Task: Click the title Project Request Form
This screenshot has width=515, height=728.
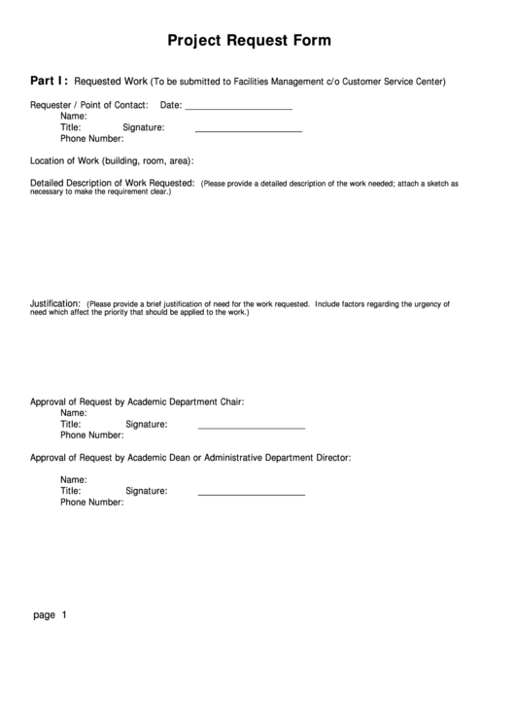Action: tap(249, 41)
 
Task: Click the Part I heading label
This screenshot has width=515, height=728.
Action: tap(49, 81)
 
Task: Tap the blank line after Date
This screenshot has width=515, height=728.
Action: tap(238, 107)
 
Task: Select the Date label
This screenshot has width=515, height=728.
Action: tap(170, 105)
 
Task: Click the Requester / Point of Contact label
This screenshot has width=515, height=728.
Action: tap(89, 105)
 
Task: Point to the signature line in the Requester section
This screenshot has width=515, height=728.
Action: tap(249, 129)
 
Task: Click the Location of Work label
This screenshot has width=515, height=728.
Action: tap(112, 160)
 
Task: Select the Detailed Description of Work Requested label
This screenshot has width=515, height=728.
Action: tap(113, 183)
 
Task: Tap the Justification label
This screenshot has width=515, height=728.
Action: tap(54, 303)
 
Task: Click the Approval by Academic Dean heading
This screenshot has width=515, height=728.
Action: tap(190, 457)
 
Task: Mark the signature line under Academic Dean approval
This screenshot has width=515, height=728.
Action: tap(252, 494)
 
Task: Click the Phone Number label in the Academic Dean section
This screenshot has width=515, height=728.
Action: tap(92, 503)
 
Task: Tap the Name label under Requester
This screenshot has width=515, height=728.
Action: tap(74, 116)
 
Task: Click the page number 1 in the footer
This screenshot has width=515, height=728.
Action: tap(63, 615)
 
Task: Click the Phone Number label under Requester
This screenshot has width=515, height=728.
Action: tap(92, 138)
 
